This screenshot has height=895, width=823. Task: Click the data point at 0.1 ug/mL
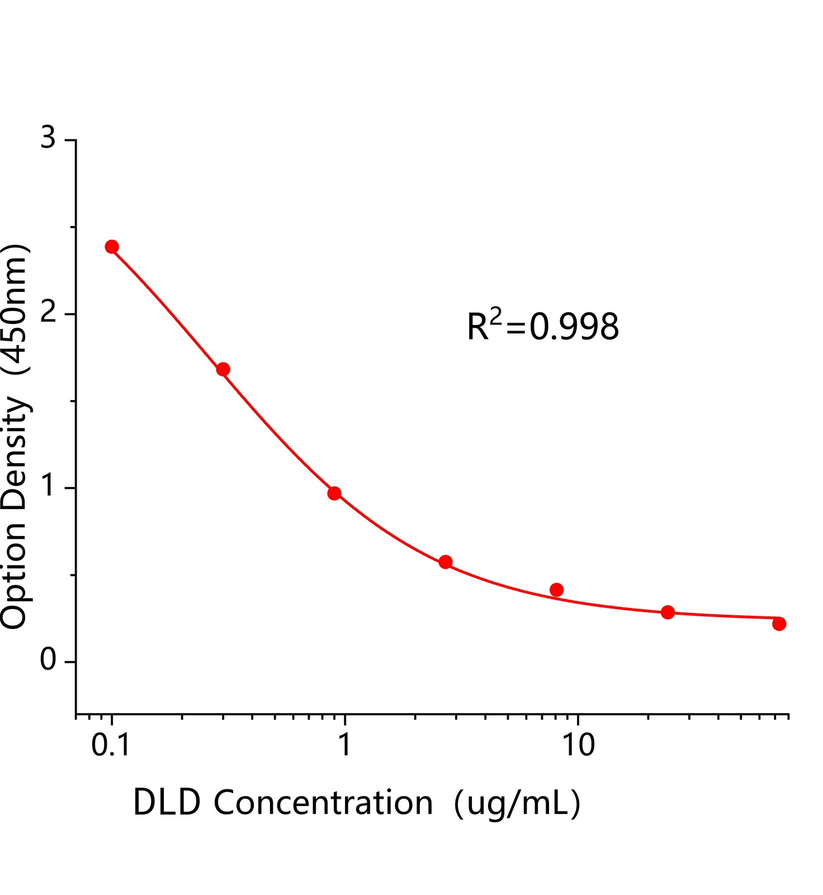pyautogui.click(x=112, y=247)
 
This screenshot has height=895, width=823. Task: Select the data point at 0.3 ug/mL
pyautogui.click(x=223, y=369)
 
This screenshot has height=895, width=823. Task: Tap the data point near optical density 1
pyautogui.click(x=334, y=493)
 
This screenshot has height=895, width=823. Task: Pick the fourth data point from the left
pyautogui.click(x=446, y=562)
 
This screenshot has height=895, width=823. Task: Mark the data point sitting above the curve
pyautogui.click(x=556, y=590)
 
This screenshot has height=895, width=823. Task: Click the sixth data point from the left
pyautogui.click(x=668, y=612)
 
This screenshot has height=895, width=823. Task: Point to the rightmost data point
pyautogui.click(x=779, y=624)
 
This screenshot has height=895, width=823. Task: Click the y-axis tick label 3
pyautogui.click(x=49, y=138)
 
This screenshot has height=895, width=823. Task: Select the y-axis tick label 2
pyautogui.click(x=49, y=313)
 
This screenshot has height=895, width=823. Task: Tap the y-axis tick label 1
pyautogui.click(x=49, y=487)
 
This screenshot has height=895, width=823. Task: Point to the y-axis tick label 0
pyautogui.click(x=49, y=661)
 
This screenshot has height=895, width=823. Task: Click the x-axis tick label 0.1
pyautogui.click(x=111, y=746)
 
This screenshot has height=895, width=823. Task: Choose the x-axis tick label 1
pyautogui.click(x=345, y=746)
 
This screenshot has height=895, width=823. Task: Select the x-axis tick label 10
pyautogui.click(x=578, y=746)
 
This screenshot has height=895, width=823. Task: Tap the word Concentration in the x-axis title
pyautogui.click(x=323, y=803)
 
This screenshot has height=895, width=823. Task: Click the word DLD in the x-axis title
pyautogui.click(x=167, y=803)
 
